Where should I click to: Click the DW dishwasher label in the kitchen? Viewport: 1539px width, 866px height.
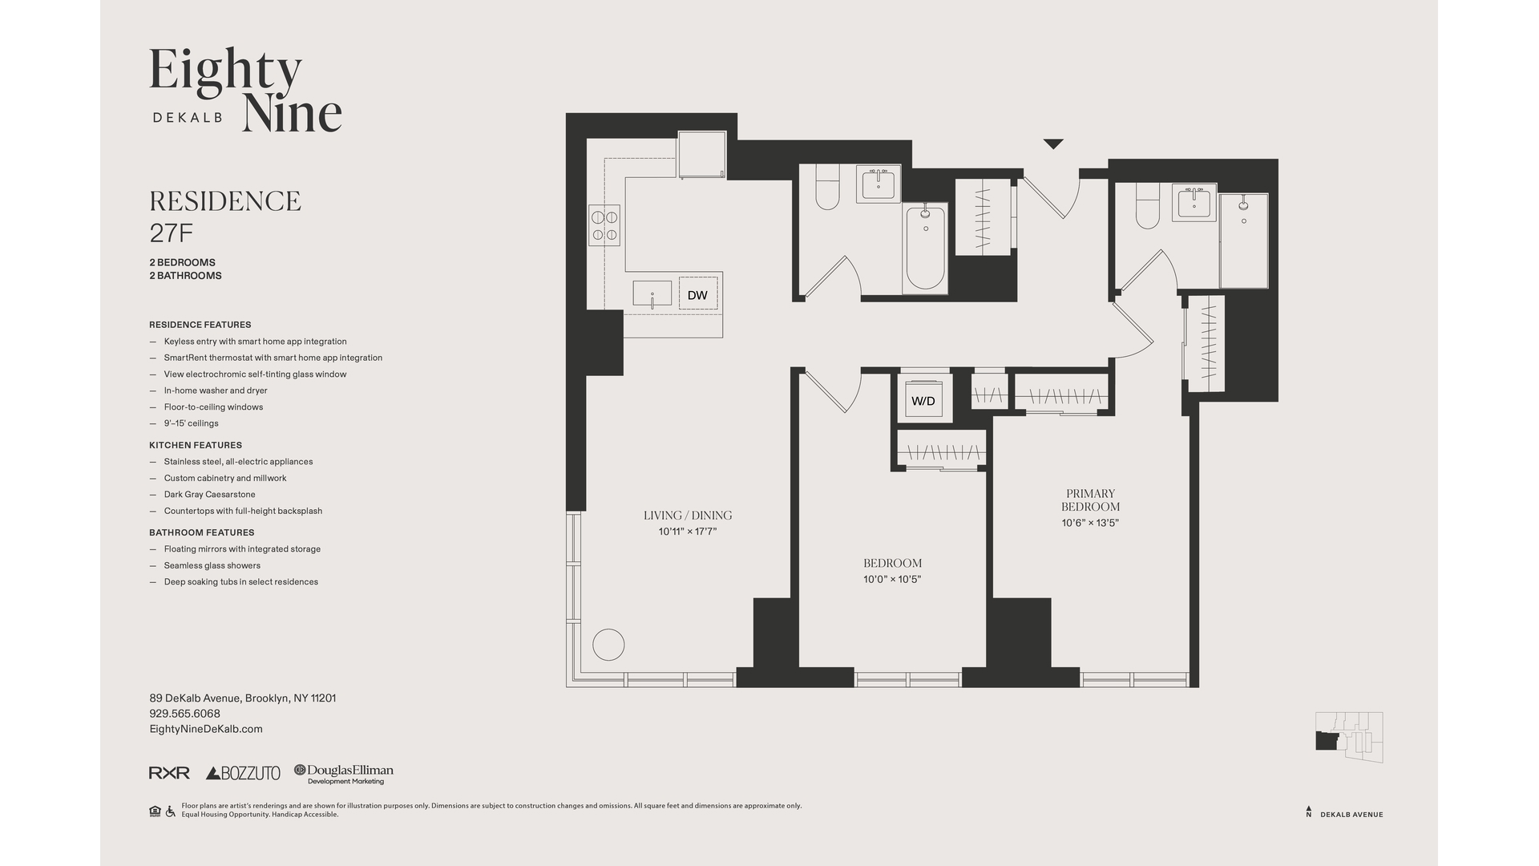pyautogui.click(x=697, y=295)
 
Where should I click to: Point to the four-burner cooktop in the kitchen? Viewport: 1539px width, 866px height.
pyautogui.click(x=604, y=225)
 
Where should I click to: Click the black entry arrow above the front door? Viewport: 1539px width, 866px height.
pyautogui.click(x=1053, y=144)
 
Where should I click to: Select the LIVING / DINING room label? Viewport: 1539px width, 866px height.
pyautogui.click(x=688, y=516)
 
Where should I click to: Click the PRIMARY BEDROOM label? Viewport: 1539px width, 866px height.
pyautogui.click(x=1090, y=500)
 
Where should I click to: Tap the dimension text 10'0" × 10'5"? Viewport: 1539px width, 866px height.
pyautogui.click(x=892, y=580)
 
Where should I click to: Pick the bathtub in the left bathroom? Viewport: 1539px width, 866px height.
pyautogui.click(x=926, y=248)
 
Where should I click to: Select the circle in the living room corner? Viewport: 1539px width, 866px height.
pyautogui.click(x=608, y=645)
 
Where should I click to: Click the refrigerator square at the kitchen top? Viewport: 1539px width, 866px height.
pyautogui.click(x=702, y=155)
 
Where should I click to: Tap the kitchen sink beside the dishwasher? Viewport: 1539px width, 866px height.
pyautogui.click(x=652, y=294)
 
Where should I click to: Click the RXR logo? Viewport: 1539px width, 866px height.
pyautogui.click(x=169, y=773)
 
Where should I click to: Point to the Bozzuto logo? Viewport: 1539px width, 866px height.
pyautogui.click(x=243, y=773)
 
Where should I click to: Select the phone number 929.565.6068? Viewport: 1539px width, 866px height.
pyautogui.click(x=184, y=714)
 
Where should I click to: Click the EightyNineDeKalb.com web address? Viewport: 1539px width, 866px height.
pyautogui.click(x=206, y=729)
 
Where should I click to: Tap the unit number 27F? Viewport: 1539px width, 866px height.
pyautogui.click(x=172, y=233)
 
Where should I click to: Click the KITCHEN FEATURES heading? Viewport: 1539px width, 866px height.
pyautogui.click(x=196, y=445)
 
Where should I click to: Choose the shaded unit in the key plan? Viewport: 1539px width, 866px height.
pyautogui.click(x=1327, y=741)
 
